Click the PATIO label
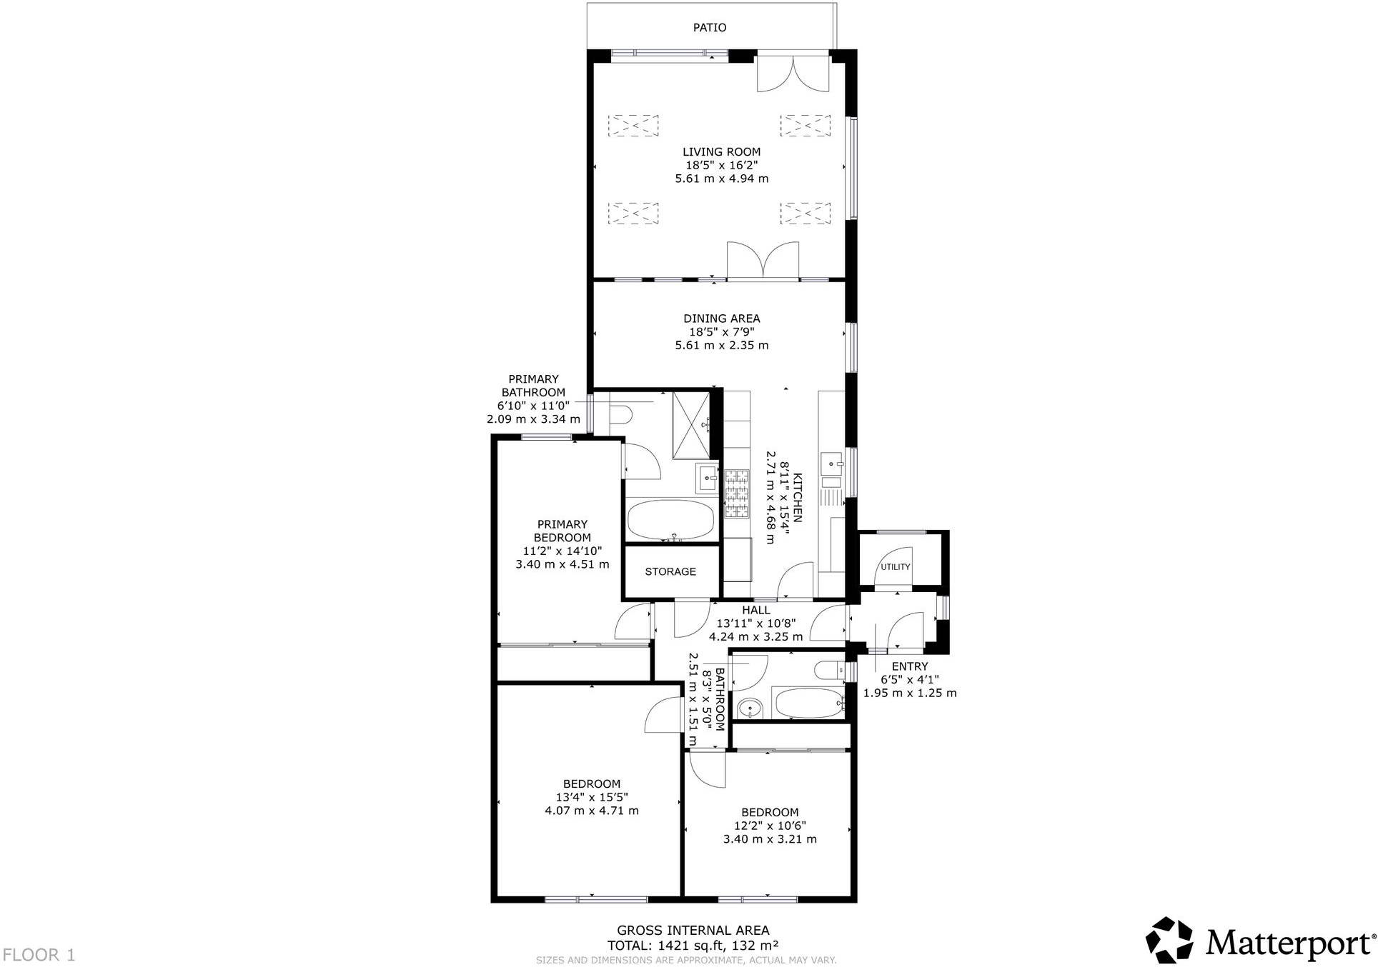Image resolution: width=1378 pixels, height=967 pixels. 709,28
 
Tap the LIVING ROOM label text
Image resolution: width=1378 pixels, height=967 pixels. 721,151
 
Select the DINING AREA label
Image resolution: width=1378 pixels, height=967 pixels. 721,319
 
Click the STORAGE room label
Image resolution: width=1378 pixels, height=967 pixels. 670,571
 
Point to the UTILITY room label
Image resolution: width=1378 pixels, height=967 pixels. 895,567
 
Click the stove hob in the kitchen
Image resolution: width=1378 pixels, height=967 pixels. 737,493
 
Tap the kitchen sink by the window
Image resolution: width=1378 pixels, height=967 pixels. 832,463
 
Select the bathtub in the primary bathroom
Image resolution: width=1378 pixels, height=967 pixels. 670,521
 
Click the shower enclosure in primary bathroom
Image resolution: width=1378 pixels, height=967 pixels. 692,425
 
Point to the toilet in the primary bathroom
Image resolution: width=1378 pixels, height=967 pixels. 620,414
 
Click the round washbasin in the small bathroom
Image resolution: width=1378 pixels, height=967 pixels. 750,708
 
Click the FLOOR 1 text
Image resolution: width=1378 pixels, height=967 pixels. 39,954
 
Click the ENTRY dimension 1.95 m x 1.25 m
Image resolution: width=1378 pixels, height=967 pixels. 909,693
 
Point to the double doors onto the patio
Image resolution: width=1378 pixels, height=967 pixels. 793,73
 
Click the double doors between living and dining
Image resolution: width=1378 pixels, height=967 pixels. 763,261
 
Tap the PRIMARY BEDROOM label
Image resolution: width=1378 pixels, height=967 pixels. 562,531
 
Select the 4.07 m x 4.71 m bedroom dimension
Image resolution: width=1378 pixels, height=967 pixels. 591,811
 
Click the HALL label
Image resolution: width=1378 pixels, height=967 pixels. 755,610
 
